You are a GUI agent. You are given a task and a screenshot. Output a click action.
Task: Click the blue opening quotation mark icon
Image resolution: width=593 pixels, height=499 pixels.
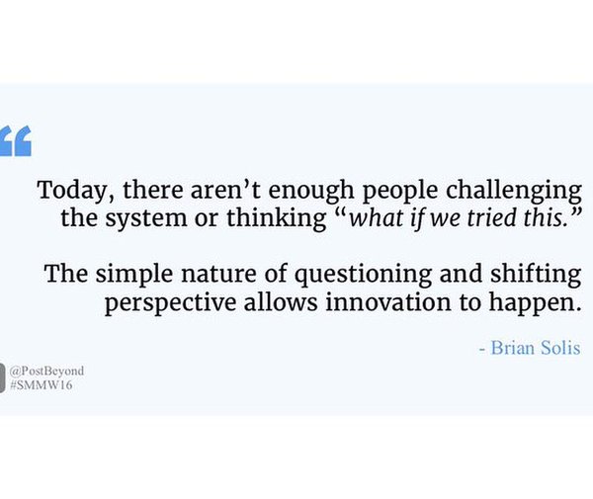(x=16, y=140)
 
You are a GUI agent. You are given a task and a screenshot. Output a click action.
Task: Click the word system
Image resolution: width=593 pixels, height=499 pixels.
(x=146, y=219)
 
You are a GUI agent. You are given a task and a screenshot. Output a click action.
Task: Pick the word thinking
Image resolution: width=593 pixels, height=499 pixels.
(x=277, y=219)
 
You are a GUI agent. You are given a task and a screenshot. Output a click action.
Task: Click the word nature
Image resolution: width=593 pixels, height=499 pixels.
(x=219, y=275)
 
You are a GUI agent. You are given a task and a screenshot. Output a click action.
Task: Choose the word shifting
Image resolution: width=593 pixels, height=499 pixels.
(x=536, y=275)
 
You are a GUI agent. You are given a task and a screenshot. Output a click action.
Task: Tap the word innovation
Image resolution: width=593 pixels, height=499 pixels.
(x=388, y=302)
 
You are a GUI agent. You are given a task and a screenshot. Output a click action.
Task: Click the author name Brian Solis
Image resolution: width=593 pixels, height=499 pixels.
(x=535, y=348)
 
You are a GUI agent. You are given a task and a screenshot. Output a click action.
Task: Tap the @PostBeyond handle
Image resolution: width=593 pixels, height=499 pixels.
(x=46, y=371)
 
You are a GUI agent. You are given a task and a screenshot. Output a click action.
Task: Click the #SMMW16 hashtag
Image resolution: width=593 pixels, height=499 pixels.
(x=41, y=385)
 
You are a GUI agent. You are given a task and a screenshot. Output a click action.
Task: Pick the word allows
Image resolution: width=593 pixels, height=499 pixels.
(x=281, y=302)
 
